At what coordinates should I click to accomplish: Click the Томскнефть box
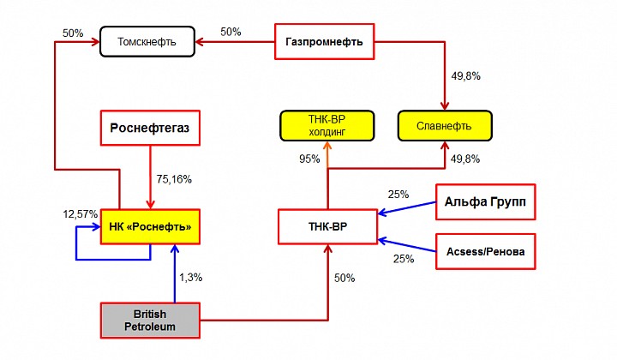coord(147,42)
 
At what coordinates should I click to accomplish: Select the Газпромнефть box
coord(324,42)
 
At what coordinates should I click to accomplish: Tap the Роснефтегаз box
coord(150,128)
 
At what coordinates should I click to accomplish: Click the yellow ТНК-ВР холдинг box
coord(327,126)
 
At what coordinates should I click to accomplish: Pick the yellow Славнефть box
coord(445,126)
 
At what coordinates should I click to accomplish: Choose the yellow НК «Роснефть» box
coord(150,226)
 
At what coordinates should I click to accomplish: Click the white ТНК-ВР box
coord(327,226)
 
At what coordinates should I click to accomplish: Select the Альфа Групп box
coord(486,201)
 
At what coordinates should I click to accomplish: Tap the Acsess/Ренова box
coord(486,251)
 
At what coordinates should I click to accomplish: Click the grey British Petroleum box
coord(150,321)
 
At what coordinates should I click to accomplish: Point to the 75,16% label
coord(174,179)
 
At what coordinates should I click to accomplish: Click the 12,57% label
coord(81,214)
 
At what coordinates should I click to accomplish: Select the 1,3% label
coord(191,278)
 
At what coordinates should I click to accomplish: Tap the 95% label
coord(309,159)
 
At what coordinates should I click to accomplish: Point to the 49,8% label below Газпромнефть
coord(466,76)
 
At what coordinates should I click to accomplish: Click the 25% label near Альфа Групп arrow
coord(398,195)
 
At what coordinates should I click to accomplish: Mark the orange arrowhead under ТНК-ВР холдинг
coord(327,146)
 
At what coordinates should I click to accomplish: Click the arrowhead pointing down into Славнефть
coord(445,105)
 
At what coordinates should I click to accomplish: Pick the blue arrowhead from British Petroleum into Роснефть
coord(175,249)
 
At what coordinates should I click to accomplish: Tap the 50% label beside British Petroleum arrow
coord(344,279)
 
